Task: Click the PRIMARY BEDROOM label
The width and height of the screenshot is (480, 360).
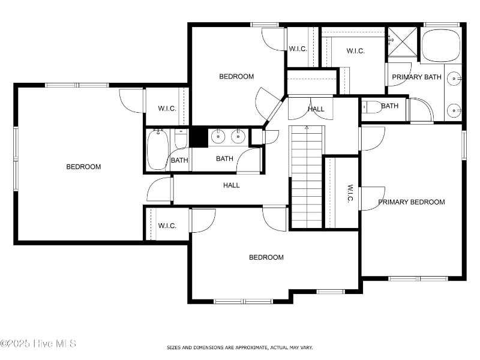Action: point(412,202)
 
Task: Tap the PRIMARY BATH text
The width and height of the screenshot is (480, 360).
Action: point(416,77)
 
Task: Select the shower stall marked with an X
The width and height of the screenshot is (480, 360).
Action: point(403,42)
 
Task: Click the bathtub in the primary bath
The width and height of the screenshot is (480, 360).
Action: point(441,46)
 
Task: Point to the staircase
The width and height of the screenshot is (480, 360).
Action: point(307,177)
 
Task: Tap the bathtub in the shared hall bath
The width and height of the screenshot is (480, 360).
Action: point(158,149)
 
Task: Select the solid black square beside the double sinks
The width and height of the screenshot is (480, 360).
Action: point(199,137)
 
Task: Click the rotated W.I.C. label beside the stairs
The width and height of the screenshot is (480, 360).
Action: point(350,193)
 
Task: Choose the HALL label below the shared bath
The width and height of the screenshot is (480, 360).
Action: point(232,185)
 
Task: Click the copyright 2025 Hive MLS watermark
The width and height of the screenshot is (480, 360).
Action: point(38,343)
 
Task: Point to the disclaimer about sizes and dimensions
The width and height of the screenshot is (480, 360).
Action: point(239,347)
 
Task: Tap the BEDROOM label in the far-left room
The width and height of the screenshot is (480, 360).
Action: point(83,167)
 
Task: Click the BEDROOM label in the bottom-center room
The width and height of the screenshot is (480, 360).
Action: point(266,257)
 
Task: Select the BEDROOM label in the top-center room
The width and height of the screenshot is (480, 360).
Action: point(236,77)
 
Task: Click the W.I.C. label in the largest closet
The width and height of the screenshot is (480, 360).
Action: point(356,51)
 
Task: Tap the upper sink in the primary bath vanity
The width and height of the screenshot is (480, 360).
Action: point(454,79)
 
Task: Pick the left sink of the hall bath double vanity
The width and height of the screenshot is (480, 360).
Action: point(218,136)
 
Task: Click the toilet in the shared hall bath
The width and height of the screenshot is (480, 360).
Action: point(181,139)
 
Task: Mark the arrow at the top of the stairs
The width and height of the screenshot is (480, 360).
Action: point(307,128)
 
